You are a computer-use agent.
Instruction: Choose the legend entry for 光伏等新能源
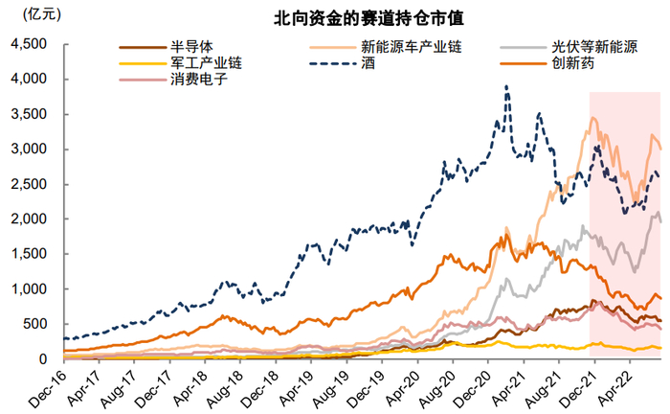592,46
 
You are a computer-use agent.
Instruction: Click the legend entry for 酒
368,63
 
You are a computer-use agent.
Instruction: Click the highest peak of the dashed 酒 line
506,87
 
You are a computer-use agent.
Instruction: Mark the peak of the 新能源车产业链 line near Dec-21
594,119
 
